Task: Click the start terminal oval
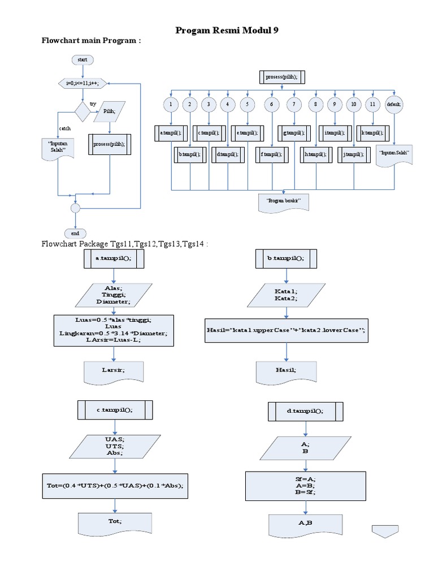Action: pyautogui.click(x=83, y=59)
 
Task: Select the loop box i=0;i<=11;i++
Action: pyautogui.click(x=83, y=83)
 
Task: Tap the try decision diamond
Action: pyautogui.click(x=83, y=111)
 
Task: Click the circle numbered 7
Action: pyautogui.click(x=294, y=104)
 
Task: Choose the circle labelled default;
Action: pyautogui.click(x=393, y=104)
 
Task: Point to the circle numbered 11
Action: pyautogui.click(x=372, y=104)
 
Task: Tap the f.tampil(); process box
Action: pyautogui.click(x=271, y=153)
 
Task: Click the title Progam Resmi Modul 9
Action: pyautogui.click(x=227, y=31)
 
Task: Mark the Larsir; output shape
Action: pyautogui.click(x=114, y=371)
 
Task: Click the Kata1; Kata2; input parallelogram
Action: pyautogui.click(x=286, y=294)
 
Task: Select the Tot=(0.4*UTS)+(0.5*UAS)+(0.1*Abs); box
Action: pyautogui.click(x=115, y=486)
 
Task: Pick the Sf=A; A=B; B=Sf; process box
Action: pyautogui.click(x=305, y=485)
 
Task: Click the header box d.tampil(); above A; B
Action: pyautogui.click(x=305, y=411)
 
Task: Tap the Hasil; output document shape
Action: pyautogui.click(x=286, y=371)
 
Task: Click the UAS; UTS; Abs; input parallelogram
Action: pyautogui.click(x=114, y=446)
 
